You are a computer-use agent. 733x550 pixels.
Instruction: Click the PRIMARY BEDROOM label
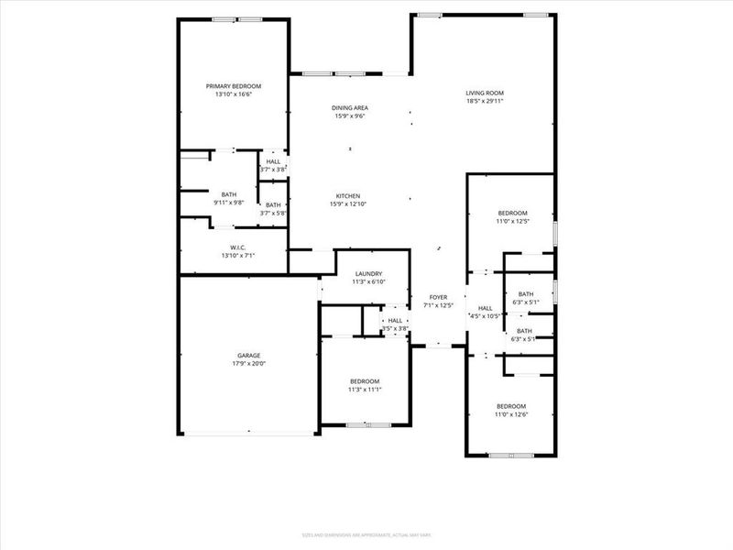coord(234,85)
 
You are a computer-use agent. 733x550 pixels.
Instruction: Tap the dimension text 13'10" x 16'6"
coord(234,93)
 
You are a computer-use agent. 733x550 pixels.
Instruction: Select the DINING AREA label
coord(350,108)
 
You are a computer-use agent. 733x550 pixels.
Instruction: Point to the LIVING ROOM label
coord(485,93)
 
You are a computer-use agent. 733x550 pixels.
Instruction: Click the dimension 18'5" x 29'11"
coord(485,101)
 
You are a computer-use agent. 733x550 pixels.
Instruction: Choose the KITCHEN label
coord(347,196)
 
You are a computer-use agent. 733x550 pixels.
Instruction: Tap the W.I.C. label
coord(237,247)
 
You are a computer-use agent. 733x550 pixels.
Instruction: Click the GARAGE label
coord(249,355)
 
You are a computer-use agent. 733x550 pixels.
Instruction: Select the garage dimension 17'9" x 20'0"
coord(249,363)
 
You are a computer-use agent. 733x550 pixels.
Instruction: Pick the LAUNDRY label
coord(368,273)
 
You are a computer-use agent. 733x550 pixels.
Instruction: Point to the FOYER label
coord(439,297)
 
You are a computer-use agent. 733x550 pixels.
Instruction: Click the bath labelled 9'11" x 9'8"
coord(228,197)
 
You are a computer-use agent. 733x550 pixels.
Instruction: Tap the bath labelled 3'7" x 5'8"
coord(273,209)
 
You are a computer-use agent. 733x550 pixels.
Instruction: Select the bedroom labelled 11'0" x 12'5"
coord(512,216)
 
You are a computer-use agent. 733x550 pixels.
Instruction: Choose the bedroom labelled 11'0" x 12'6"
coord(511,410)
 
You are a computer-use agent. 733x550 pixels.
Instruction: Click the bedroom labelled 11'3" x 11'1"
coord(364,385)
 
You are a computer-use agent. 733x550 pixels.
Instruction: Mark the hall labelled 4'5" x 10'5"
coord(485,312)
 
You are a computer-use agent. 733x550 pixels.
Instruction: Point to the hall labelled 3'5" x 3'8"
coord(395,324)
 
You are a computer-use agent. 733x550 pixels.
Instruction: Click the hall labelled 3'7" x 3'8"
coord(273,165)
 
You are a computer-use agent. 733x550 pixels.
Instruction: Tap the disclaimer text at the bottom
coord(366,534)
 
